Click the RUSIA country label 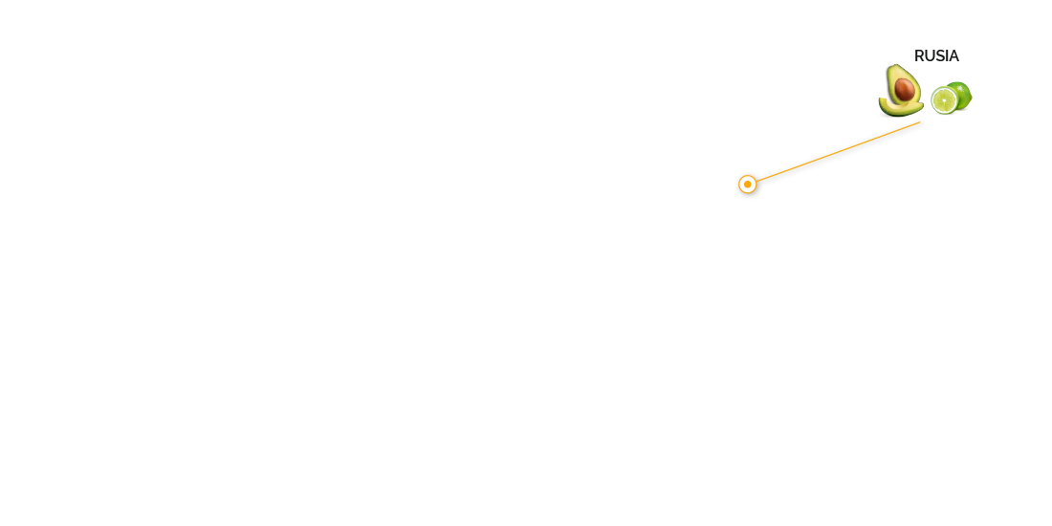pyautogui.click(x=936, y=55)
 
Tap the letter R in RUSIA pyautogui.click(x=919, y=55)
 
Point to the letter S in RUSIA pyautogui.click(x=940, y=55)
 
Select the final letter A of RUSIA pyautogui.click(x=953, y=55)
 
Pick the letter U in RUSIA pyautogui.click(x=930, y=55)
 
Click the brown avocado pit pyautogui.click(x=905, y=89)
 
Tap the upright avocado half pyautogui.click(x=903, y=86)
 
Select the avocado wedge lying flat pyautogui.click(x=900, y=108)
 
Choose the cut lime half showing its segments pyautogui.click(x=945, y=100)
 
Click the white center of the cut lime pyautogui.click(x=945, y=100)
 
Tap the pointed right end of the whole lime pyautogui.click(x=971, y=98)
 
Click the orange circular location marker pyautogui.click(x=748, y=184)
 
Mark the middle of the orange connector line pyautogui.click(x=838, y=152)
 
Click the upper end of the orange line pyautogui.click(x=920, y=122)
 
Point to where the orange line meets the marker pyautogui.click(x=756, y=181)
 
